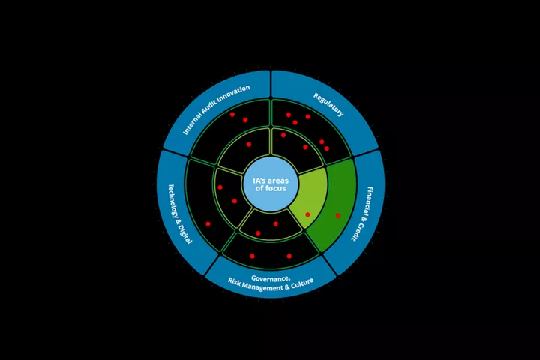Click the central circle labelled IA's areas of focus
click(271, 184)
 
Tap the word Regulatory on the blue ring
click(328, 104)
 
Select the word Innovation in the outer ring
click(233, 94)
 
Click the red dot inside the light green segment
click(308, 214)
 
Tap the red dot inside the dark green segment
click(338, 216)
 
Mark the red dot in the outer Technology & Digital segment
click(208, 224)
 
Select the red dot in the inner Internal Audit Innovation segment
click(249, 144)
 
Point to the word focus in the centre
click(274, 188)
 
